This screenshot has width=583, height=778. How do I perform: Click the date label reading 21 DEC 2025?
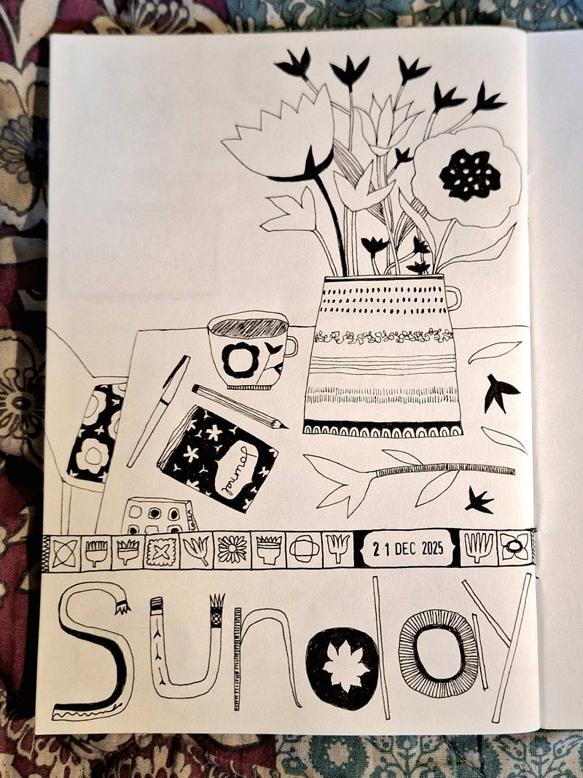tap(407, 548)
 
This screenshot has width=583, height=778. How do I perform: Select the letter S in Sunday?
tap(92, 650)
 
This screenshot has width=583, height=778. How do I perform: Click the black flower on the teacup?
tap(241, 360)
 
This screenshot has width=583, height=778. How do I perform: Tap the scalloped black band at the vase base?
tap(382, 428)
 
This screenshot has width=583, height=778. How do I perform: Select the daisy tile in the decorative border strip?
tap(232, 550)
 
